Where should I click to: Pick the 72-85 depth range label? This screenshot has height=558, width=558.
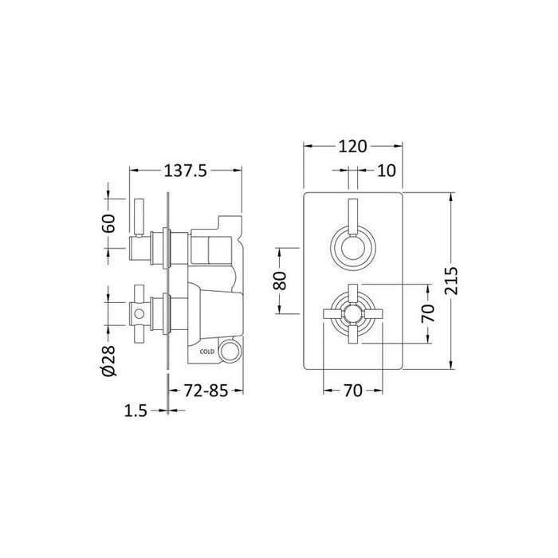[x=206, y=392]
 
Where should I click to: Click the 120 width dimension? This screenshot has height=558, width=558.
[x=352, y=147]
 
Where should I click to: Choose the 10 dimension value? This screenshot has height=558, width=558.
[x=386, y=170]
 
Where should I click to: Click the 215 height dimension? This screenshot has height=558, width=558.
[x=454, y=280]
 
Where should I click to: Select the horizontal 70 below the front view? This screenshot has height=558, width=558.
[x=352, y=391]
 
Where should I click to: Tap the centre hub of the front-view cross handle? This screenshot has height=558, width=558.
[x=352, y=312]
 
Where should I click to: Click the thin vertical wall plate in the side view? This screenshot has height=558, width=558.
[x=167, y=288]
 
